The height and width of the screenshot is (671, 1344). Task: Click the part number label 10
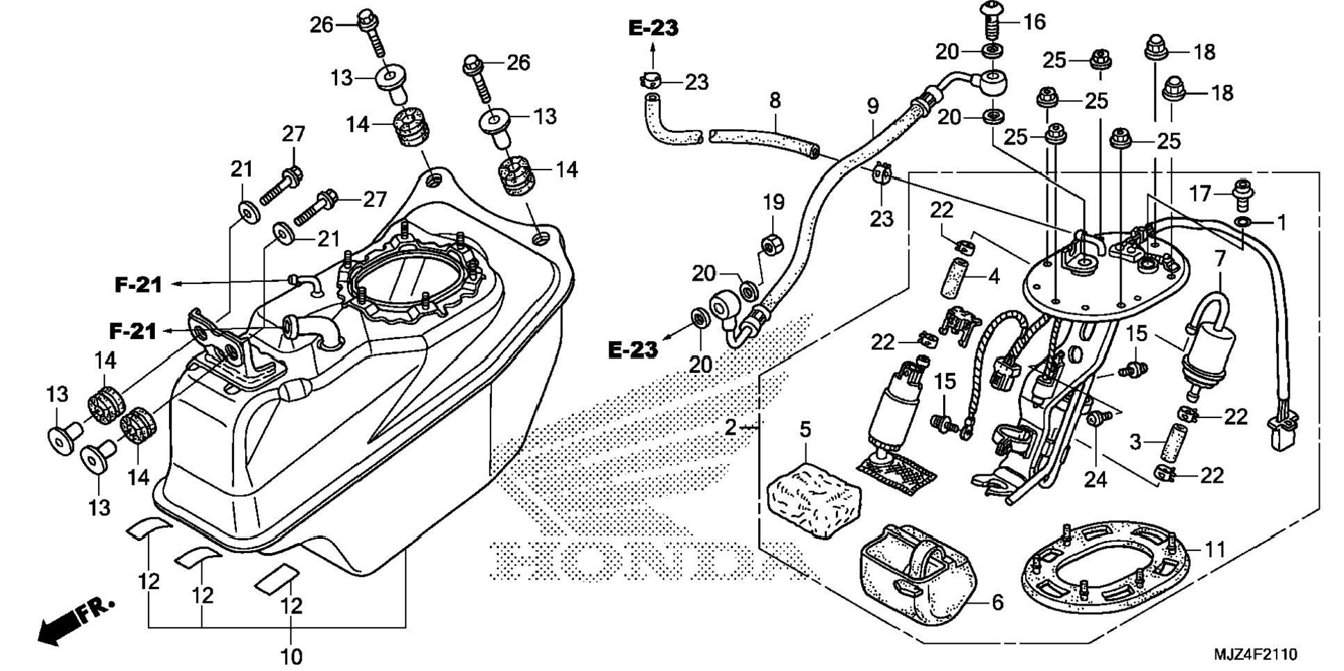291,656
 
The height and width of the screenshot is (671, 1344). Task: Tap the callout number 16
1034,22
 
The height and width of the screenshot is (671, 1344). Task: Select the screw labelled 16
992,21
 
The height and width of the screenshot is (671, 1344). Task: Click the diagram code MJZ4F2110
1256,654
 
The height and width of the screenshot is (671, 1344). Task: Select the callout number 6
997,602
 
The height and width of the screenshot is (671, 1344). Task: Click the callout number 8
775,101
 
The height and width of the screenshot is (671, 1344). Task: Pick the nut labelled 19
769,245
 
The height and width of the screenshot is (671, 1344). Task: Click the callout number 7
1220,259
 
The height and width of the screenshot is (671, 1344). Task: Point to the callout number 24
1095,479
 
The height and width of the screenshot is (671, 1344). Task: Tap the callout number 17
1199,193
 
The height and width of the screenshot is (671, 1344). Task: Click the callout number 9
873,106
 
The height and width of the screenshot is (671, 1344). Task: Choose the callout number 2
730,427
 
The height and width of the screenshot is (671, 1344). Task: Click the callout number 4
994,276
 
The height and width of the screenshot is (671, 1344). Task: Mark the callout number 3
1136,442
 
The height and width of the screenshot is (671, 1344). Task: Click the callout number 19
773,202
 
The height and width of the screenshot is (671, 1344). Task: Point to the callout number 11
1215,550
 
